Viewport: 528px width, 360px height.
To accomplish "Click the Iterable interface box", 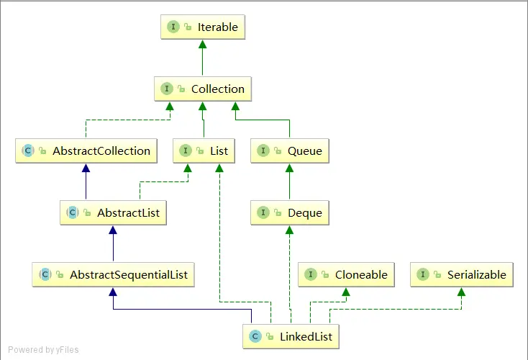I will (202, 27).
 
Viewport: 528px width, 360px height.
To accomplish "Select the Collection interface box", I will (202, 89).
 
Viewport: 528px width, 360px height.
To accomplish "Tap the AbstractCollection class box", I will (86, 150).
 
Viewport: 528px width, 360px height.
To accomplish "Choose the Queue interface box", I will (289, 150).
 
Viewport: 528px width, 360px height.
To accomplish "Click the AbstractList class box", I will (113, 212).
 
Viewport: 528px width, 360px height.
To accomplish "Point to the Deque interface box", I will (289, 212).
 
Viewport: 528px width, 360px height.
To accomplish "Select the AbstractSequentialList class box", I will (113, 274).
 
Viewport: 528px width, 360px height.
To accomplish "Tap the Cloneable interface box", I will (346, 274).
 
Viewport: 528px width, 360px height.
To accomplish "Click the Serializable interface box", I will (461, 274).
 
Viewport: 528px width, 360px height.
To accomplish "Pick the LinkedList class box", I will (289, 336).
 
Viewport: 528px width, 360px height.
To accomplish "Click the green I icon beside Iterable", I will (173, 27).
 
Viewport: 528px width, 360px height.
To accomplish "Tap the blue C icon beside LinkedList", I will (255, 336).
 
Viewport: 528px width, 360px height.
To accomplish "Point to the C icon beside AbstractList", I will (73, 212).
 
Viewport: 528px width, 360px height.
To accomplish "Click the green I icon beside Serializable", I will (424, 274).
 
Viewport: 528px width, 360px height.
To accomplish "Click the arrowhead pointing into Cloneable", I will (346, 292).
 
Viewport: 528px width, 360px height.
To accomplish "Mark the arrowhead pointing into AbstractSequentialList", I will (113, 292).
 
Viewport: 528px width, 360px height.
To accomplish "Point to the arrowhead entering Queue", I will (289, 168).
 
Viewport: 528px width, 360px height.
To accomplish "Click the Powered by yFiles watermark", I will (42, 350).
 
